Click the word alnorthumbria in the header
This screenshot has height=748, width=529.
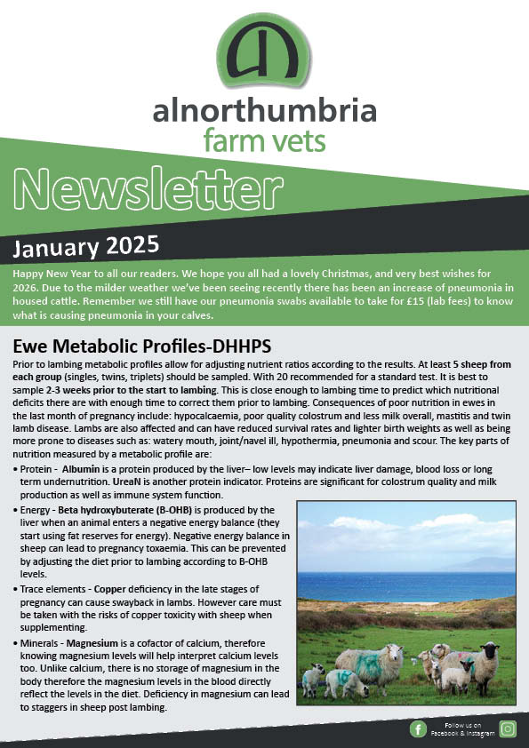pos(264,113)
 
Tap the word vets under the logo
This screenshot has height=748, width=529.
pos(298,140)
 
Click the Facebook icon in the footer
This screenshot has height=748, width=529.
pos(418,729)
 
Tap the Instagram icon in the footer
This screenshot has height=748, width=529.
pos(508,729)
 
